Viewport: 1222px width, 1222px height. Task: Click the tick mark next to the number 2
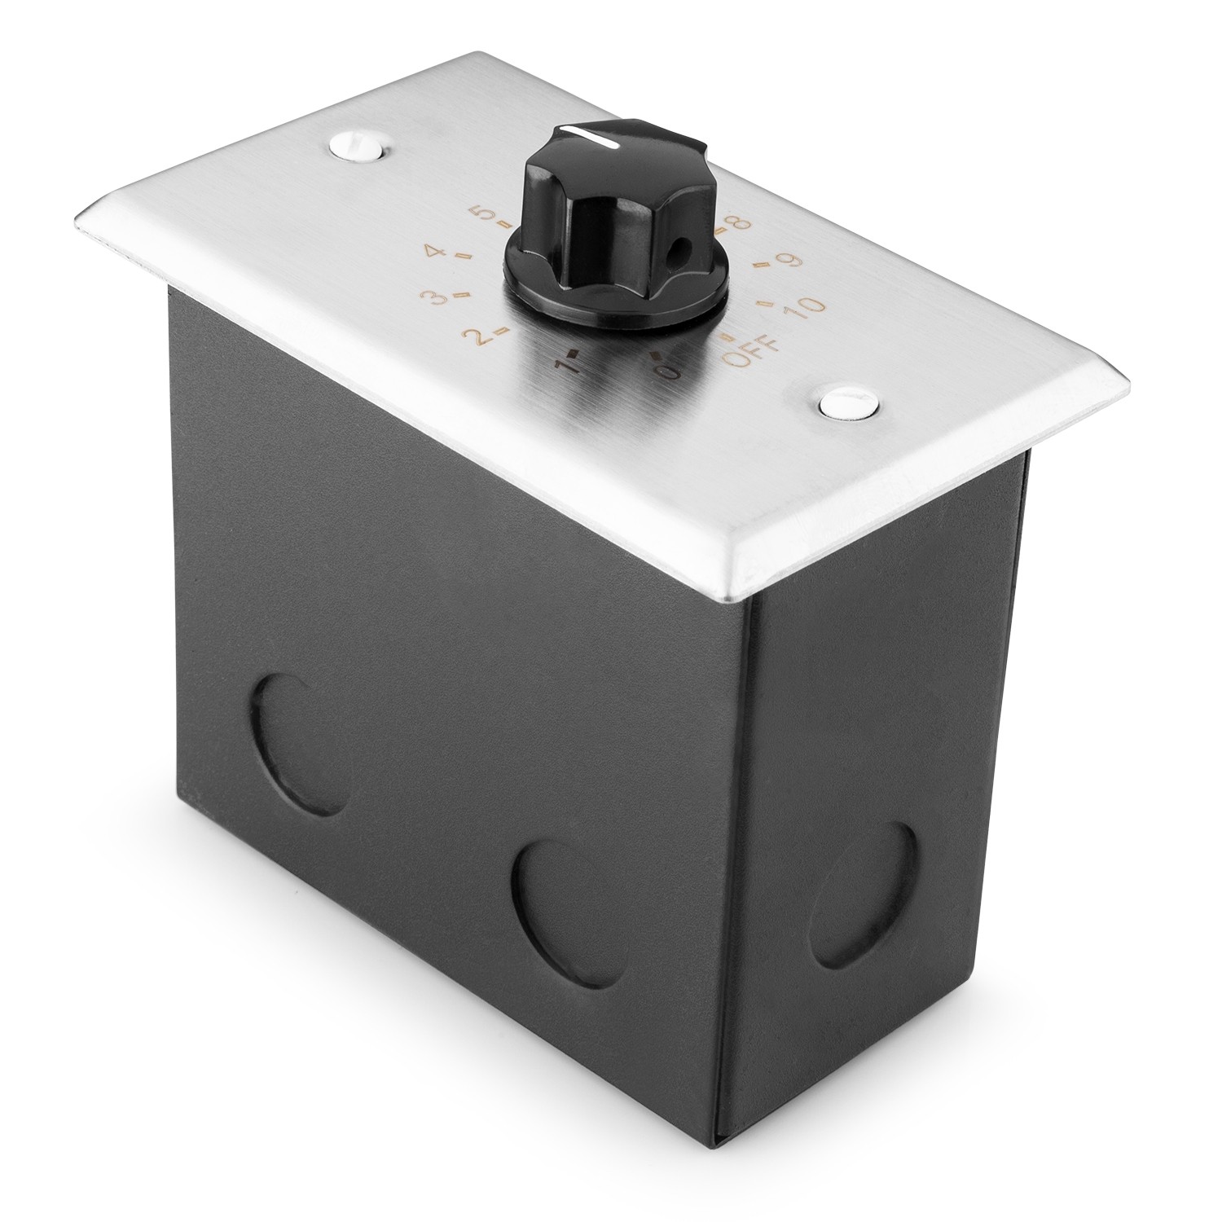(504, 330)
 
